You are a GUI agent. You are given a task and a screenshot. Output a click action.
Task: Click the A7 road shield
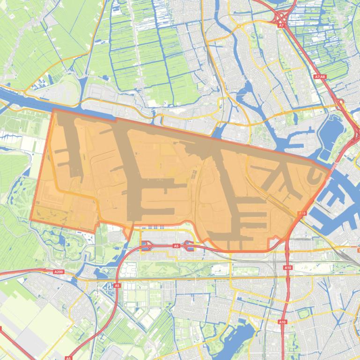pos(281,27)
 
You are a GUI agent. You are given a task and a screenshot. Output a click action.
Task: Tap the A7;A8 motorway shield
pos(320,77)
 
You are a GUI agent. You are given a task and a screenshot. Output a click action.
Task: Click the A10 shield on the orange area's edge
pos(302,214)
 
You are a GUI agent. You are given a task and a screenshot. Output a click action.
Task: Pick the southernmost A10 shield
pos(282,322)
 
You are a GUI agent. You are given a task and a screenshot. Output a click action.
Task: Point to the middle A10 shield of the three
pos(287,267)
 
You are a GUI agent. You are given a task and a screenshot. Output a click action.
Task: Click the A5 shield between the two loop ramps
pos(176,245)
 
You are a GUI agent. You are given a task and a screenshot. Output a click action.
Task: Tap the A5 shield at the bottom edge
pos(68,358)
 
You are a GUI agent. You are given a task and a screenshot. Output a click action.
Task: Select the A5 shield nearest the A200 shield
pos(117,285)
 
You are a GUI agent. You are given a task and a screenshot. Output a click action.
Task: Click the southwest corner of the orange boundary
pos(30,219)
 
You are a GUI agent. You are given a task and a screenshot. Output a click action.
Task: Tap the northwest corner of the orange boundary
pos(53,109)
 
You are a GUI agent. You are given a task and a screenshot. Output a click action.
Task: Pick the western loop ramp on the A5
pos(146,245)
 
